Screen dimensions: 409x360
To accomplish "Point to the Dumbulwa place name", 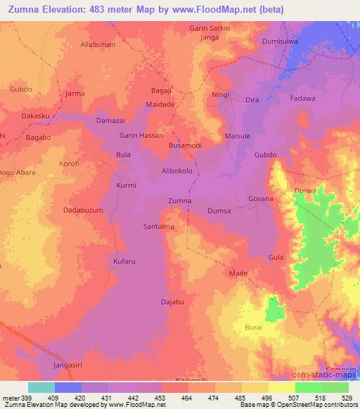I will pos(281,41).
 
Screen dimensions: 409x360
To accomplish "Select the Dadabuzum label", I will pos(84,210).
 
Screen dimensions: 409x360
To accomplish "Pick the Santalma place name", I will pos(159,228).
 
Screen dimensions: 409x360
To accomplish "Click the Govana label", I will pos(260,199).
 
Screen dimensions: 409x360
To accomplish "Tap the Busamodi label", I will pos(186,145).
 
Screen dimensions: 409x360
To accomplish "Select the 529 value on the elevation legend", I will pos(348,398).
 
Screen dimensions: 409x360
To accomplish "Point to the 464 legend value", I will pos(188,398).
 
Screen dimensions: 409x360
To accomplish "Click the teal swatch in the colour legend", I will pos(41,388).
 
